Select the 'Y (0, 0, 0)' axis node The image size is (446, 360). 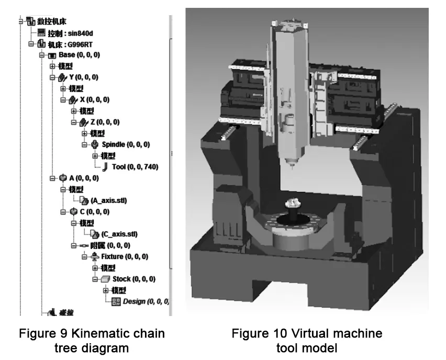tap(84, 77)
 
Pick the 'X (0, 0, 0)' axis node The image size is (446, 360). tap(95, 99)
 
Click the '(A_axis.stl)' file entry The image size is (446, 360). tap(109, 200)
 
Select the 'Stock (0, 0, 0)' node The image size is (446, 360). tap(131, 279)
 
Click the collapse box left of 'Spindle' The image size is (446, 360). tap(85, 144)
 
